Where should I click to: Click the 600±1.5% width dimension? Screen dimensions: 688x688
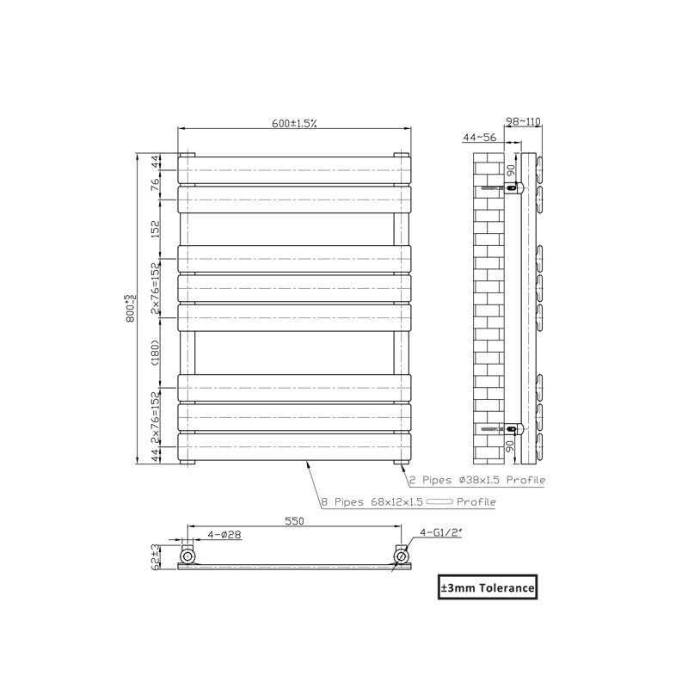pos(294,123)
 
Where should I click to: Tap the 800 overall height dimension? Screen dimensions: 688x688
pos(131,309)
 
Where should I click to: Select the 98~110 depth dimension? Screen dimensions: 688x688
pos(523,121)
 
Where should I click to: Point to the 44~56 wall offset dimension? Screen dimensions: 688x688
pos(480,138)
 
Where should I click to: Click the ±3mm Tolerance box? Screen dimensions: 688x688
pos(488,587)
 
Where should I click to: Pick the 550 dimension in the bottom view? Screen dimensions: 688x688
pos(294,521)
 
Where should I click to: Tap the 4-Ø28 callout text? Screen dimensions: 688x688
pos(224,534)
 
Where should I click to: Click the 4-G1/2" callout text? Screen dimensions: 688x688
pos(441,532)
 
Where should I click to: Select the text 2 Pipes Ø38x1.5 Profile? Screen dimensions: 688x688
pos(477,480)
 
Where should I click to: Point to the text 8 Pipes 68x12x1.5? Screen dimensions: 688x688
pos(372,502)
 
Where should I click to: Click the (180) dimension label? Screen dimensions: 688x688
pos(156,353)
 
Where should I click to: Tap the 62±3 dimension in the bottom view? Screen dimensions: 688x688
pos(155,556)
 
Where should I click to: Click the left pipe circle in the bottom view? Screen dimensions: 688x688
pos(187,556)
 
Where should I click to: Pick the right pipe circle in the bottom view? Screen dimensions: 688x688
pos(401,556)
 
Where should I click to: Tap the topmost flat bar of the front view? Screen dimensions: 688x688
pos(294,170)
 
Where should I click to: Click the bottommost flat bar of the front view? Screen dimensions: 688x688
pos(294,446)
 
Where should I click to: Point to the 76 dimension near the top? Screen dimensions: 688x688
pos(156,185)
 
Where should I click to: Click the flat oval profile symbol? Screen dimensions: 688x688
pos(439,501)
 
